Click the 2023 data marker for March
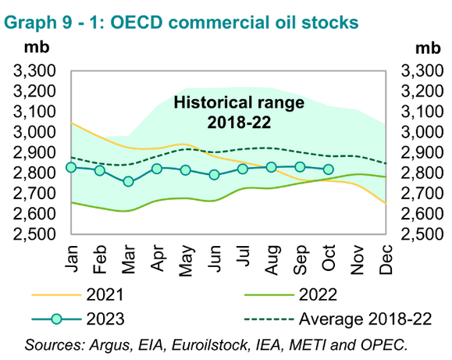pyautogui.click(x=128, y=182)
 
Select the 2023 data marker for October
pyautogui.click(x=328, y=169)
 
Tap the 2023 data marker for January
pyautogui.click(x=71, y=167)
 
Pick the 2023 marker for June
pyautogui.click(x=214, y=175)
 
